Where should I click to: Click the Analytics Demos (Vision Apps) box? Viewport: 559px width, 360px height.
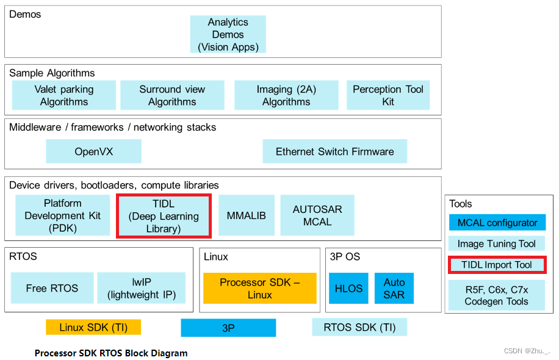click(x=228, y=34)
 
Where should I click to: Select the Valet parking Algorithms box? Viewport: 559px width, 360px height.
click(x=64, y=95)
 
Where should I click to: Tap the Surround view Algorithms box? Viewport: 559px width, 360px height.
click(x=172, y=95)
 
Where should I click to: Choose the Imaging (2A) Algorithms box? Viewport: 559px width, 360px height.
click(x=286, y=95)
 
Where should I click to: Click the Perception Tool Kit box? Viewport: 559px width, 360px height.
click(x=388, y=95)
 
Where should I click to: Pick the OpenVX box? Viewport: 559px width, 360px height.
click(x=93, y=151)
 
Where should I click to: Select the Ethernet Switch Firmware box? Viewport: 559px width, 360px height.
click(x=334, y=151)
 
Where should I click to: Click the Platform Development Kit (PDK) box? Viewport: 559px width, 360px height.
click(x=62, y=216)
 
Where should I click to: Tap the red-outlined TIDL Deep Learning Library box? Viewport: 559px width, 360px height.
click(x=164, y=216)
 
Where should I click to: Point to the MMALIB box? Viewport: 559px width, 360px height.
click(x=246, y=216)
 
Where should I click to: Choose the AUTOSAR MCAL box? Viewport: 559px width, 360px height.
click(x=317, y=216)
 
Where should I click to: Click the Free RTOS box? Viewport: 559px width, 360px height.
click(x=52, y=288)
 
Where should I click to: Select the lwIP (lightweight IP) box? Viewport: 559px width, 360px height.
click(x=141, y=288)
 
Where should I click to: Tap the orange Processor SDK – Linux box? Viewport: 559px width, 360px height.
click(x=260, y=288)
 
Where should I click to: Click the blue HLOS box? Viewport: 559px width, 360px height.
click(x=348, y=288)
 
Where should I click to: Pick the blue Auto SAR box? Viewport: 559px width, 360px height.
click(x=394, y=288)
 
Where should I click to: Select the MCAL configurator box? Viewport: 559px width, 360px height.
click(x=497, y=223)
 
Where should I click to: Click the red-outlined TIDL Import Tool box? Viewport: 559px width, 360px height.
click(x=497, y=265)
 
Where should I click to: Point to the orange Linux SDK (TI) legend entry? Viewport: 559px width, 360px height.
click(x=93, y=327)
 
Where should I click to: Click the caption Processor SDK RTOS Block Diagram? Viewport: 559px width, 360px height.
click(x=111, y=353)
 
